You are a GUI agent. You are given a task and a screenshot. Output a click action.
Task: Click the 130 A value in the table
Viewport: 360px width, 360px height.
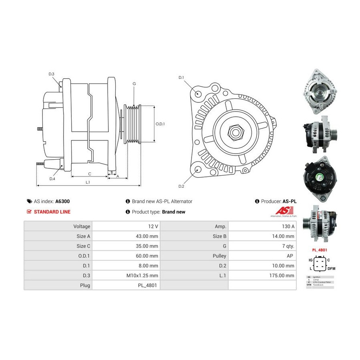point(288,226)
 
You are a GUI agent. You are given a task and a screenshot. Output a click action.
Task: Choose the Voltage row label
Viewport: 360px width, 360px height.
point(82,226)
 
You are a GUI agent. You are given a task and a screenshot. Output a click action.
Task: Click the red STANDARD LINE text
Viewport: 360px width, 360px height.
point(52,212)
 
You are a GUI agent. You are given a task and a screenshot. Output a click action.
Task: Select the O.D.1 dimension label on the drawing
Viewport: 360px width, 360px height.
point(160,124)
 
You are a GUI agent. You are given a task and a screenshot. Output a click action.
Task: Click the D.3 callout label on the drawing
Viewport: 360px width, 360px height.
point(52,74)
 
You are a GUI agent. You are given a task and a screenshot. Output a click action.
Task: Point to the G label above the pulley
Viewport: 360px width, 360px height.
point(134,84)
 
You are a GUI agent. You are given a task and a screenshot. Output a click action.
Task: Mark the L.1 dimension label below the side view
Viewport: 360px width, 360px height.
point(88,182)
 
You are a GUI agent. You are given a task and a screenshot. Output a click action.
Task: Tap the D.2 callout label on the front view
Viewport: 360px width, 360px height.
point(181,186)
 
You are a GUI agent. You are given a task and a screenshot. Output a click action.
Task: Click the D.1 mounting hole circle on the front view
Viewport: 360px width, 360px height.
point(198,94)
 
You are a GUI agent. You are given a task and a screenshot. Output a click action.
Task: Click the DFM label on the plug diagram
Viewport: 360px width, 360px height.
point(331,268)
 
